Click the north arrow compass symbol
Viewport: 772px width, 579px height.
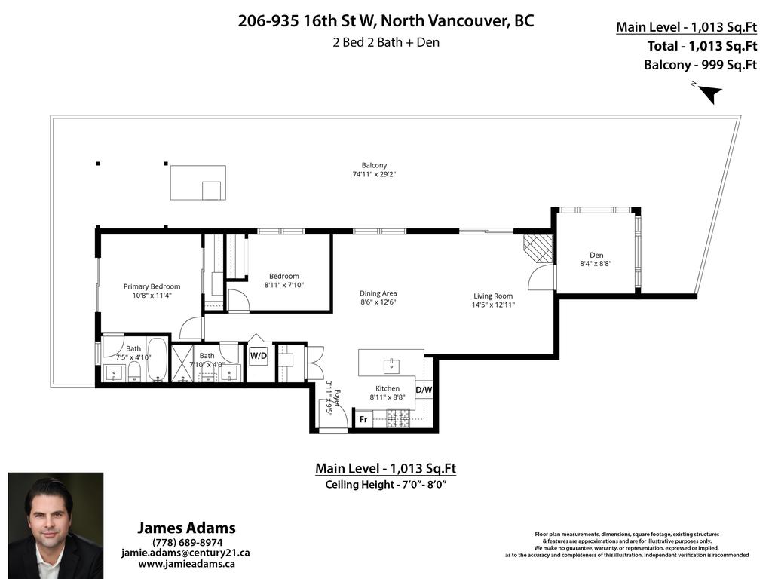pos(709,93)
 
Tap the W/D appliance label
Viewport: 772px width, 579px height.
pos(259,354)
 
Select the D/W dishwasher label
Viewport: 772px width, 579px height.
pos(424,390)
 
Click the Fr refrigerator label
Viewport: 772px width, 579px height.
pos(363,419)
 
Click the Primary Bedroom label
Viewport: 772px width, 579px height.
pos(152,286)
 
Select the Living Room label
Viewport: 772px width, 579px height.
pos(493,296)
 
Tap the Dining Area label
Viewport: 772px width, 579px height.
pos(378,293)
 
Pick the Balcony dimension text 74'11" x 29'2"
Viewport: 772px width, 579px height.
pos(374,174)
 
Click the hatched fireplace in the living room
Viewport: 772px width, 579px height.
pos(538,248)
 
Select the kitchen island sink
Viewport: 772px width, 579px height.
pos(390,366)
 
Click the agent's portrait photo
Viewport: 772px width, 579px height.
pos(55,525)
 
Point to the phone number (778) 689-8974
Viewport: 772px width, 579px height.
pos(187,542)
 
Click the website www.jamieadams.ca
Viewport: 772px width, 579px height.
pos(186,563)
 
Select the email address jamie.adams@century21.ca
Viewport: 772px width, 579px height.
pos(185,553)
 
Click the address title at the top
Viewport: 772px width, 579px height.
pos(386,21)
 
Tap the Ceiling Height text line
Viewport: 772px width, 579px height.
pos(385,484)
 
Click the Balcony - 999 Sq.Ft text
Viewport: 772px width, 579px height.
pos(700,64)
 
